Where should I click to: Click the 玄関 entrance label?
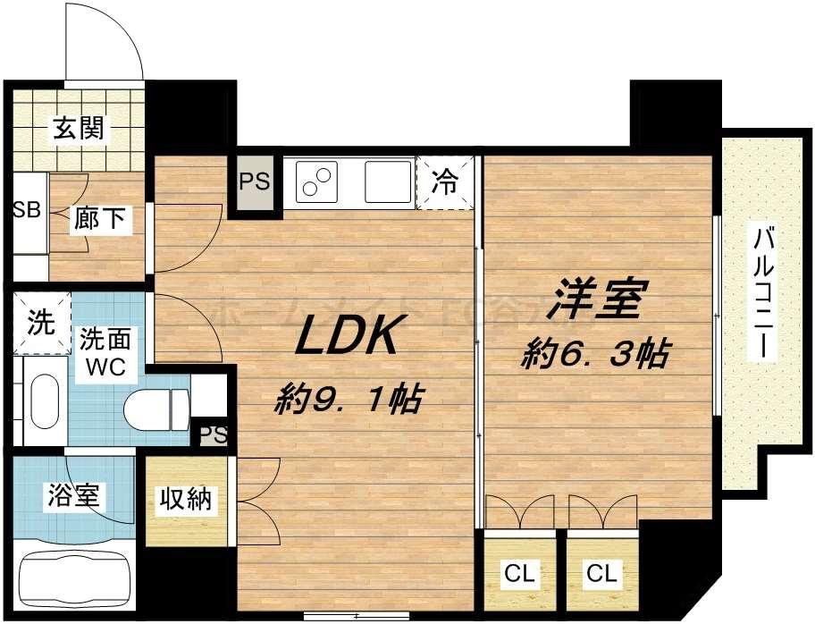click(x=78, y=129)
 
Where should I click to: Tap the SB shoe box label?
click(x=26, y=211)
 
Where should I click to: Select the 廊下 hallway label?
click(x=101, y=218)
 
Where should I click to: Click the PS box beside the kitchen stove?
click(x=254, y=181)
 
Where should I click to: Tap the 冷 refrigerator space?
click(x=443, y=183)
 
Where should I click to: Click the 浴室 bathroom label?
click(x=75, y=494)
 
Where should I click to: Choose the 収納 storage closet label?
click(x=186, y=500)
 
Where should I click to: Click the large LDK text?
click(x=346, y=335)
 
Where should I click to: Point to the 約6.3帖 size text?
click(x=596, y=355)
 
